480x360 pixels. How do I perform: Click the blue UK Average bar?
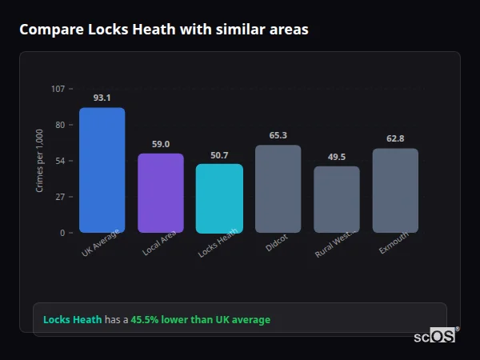pos(102,170)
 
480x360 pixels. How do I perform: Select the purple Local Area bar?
pos(161,193)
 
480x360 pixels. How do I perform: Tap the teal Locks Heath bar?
pos(219,198)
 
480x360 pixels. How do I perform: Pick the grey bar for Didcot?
pos(278,189)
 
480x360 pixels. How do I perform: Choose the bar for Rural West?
pos(337,199)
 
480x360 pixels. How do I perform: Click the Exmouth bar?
pos(395,190)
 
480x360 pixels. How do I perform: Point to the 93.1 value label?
pos(102,98)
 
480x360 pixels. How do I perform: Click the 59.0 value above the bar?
pos(161,144)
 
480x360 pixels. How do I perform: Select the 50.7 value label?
pos(219,155)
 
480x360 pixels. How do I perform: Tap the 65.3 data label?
pos(278,135)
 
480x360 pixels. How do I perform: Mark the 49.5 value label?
pos(337,157)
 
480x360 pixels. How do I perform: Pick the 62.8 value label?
pos(395,138)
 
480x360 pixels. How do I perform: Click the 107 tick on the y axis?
pos(58,89)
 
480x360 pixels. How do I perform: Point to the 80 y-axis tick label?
pos(59,125)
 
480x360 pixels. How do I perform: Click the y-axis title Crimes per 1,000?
pos(40,160)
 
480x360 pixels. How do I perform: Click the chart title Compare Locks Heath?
pos(163,30)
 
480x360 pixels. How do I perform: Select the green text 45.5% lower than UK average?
pos(200,320)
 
